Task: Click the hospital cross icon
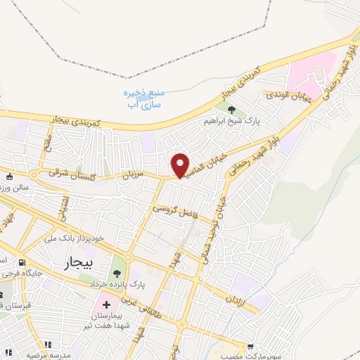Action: click(105, 306)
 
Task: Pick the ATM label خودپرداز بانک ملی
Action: click(73, 238)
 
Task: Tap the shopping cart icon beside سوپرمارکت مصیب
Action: click(250, 346)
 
